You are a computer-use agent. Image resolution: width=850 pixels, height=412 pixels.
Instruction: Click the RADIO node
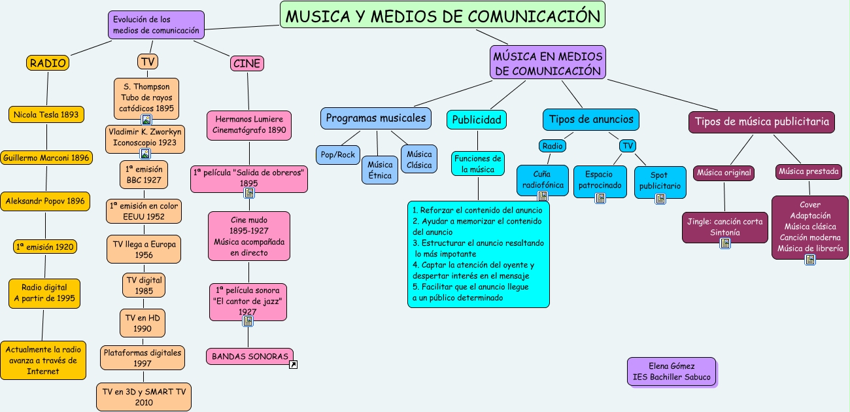[x=48, y=63]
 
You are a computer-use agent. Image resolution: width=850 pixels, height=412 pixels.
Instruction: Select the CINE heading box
[x=246, y=63]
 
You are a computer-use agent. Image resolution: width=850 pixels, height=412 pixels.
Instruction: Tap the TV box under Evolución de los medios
[x=148, y=61]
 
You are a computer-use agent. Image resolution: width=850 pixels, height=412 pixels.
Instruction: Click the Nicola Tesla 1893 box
[x=46, y=114]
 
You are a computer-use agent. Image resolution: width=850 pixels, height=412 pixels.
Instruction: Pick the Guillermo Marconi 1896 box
[x=46, y=158]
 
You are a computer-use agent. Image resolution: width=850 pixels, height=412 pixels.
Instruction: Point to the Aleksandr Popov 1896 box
[x=45, y=201]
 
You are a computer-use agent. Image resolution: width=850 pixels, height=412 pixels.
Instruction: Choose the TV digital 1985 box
[x=144, y=285]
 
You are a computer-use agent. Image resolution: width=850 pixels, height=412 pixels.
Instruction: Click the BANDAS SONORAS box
[x=250, y=356]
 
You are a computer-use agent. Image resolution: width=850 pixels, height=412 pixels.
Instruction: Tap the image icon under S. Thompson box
[x=146, y=120]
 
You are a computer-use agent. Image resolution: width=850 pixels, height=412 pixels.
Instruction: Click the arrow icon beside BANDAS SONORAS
[x=293, y=364]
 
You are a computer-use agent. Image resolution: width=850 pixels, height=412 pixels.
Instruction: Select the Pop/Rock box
[x=337, y=155]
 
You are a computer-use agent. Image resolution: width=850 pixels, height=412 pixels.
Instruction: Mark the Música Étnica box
[x=380, y=170]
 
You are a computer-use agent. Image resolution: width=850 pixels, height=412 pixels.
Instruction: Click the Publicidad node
[x=477, y=120]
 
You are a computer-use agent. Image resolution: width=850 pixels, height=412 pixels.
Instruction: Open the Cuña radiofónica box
[x=542, y=179]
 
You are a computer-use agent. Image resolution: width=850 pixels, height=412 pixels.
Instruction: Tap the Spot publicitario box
[x=659, y=180]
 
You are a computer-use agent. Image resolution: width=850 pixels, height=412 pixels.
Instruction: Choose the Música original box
[x=724, y=173]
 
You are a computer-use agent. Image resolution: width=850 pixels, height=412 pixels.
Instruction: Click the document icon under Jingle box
[x=724, y=243]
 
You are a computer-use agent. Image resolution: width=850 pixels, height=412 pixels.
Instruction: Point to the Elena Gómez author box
[x=671, y=371]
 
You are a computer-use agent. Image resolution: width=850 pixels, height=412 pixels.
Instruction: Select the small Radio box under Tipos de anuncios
[x=552, y=146]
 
